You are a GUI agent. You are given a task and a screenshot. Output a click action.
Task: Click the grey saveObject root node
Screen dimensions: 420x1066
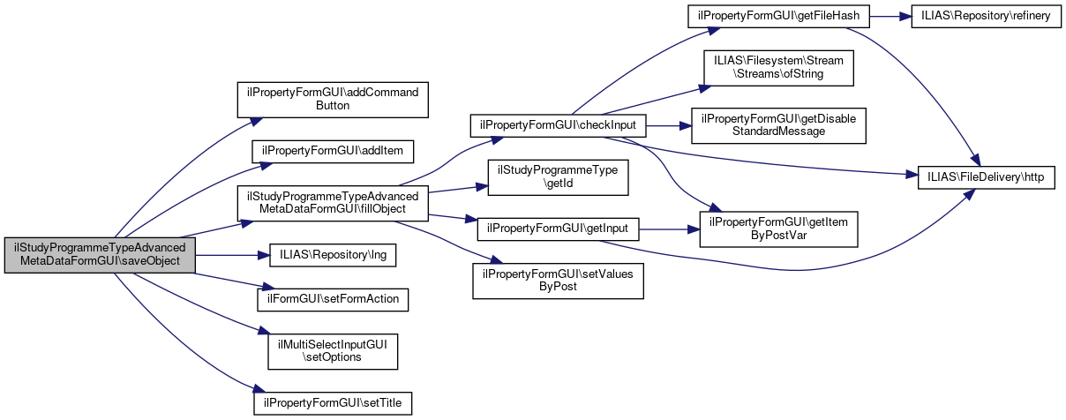100,255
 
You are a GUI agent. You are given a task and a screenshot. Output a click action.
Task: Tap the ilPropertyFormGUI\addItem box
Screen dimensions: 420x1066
333,151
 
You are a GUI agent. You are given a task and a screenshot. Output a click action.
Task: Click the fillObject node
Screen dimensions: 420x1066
333,203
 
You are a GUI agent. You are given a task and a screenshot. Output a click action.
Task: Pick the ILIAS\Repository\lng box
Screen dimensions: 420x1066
333,255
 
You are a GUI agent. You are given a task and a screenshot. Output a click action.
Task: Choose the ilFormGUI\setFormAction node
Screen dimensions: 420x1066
333,299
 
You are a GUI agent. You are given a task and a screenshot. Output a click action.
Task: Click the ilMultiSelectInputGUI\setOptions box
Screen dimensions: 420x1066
333,350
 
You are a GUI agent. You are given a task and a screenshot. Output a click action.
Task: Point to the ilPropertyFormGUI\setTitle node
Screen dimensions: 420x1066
333,402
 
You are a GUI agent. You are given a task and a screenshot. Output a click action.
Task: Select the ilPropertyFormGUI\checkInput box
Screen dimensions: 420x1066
559,125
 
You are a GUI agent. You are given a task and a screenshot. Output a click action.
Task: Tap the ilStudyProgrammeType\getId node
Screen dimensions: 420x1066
559,176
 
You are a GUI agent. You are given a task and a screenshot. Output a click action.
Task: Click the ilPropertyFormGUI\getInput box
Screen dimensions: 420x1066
559,229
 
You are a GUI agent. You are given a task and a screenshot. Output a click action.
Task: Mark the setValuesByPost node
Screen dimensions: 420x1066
559,281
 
